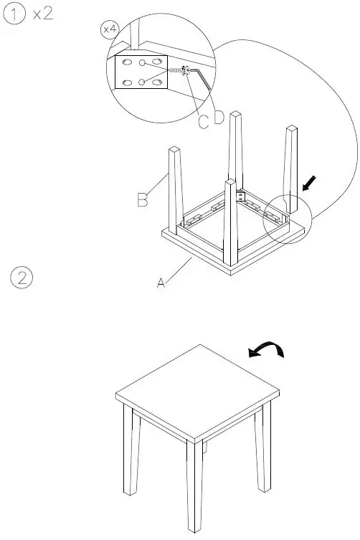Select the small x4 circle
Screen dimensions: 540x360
[x=109, y=29]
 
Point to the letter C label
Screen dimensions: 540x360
[x=204, y=122]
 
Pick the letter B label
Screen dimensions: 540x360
[x=143, y=199]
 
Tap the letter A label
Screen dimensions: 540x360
[x=162, y=284]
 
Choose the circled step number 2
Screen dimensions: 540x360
[x=22, y=278]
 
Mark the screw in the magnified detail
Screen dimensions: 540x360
[x=176, y=71]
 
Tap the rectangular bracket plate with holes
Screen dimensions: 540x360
[x=141, y=73]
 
